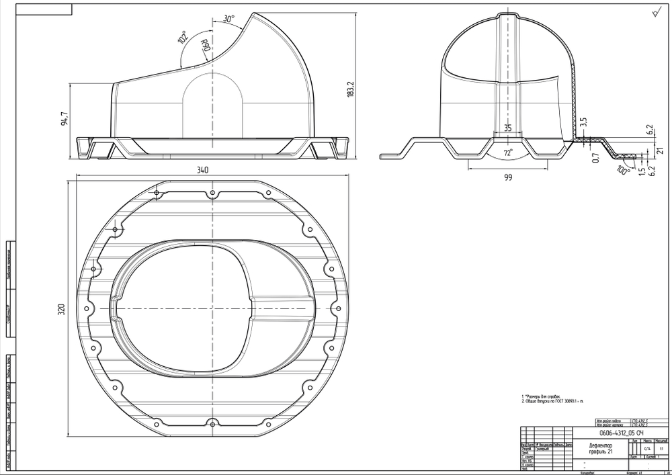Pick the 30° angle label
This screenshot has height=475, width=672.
click(228, 19)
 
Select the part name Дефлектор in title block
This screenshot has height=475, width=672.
click(601, 445)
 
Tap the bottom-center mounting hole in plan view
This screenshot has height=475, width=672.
click(212, 423)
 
